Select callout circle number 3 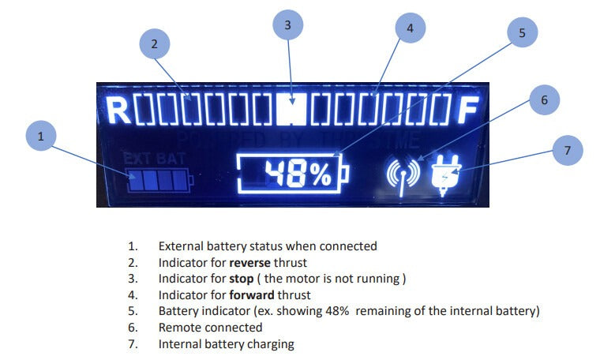288,25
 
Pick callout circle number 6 543,100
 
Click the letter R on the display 118,110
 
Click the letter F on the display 468,110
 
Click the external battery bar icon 158,181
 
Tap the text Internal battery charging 226,344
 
